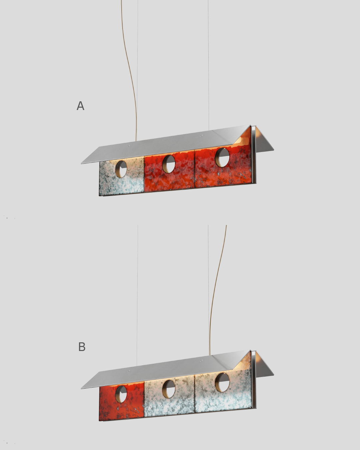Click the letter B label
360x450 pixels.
pos(82,347)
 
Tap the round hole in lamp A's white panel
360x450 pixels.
pos(121,169)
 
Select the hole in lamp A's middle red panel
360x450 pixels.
pos(169,164)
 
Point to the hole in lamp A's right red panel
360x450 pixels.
pos(222,157)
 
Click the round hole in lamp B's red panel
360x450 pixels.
pos(121,394)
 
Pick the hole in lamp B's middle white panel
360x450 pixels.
pos(169,389)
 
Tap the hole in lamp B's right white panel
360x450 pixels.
pos(222,382)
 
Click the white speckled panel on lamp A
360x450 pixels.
pos(122,176)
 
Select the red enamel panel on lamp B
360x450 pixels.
pos(122,401)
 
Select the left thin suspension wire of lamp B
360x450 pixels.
pos(137,295)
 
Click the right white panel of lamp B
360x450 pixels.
pos(223,391)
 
